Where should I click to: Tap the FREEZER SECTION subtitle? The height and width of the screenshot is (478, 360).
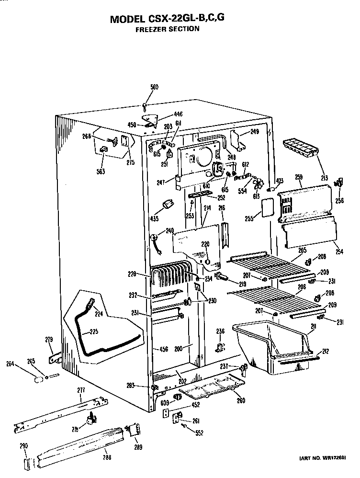tap(167, 29)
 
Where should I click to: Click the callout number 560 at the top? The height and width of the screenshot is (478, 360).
tap(154, 87)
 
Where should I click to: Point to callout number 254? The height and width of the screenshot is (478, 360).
tap(339, 251)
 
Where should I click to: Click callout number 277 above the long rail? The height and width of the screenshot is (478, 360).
tap(81, 390)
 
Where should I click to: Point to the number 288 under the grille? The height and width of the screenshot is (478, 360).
tap(106, 457)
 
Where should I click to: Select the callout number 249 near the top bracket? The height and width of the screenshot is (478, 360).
tap(254, 132)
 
